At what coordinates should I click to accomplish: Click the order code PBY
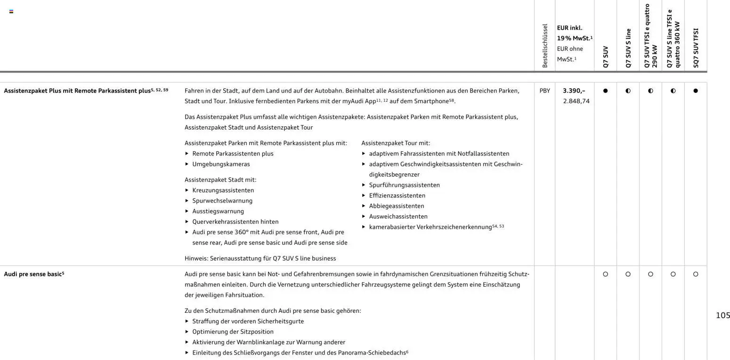click(544, 91)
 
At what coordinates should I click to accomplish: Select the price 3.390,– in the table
click(574, 91)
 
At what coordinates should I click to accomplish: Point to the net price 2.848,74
click(576, 101)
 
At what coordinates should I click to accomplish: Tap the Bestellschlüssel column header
click(545, 46)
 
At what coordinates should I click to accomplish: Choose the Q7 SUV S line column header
click(628, 48)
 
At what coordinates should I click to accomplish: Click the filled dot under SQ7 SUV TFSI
click(696, 91)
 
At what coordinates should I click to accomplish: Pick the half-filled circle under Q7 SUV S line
click(628, 91)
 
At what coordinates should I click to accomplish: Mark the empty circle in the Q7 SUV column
click(605, 274)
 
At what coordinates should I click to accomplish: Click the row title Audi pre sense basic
click(33, 274)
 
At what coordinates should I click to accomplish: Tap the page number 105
click(722, 316)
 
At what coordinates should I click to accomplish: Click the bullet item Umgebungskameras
click(221, 164)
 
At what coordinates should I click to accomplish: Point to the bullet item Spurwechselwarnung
click(222, 201)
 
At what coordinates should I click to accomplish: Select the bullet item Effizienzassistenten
click(397, 196)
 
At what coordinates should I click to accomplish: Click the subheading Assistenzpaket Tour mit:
click(396, 143)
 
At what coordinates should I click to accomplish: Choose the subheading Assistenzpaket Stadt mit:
click(220, 180)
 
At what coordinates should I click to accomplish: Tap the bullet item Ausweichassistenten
click(398, 217)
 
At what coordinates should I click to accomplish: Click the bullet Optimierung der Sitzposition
click(233, 332)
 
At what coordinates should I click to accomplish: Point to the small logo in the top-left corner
click(11, 11)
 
